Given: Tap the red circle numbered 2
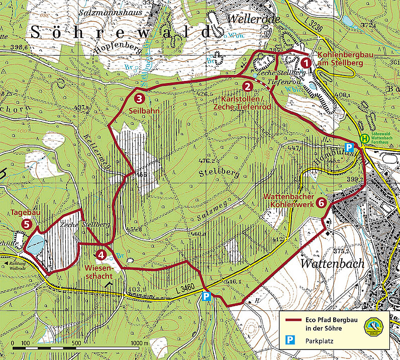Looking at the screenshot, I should pos(247,86).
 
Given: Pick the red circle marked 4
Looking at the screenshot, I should pos(102,255).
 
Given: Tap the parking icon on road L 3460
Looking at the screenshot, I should pos(206,297).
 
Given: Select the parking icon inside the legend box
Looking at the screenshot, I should pos(290,341).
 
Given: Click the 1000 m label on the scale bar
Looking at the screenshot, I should pos(137,343).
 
